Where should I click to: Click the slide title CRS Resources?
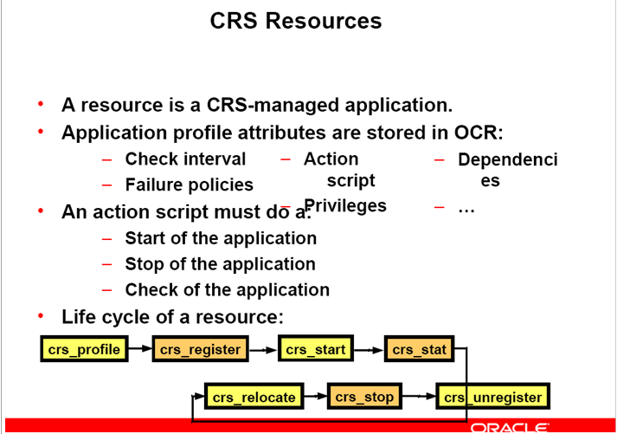295,21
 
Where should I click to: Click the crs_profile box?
83,350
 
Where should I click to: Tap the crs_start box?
316,350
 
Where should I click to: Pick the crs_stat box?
420,350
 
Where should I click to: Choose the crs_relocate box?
253,398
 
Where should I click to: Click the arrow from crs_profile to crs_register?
138,350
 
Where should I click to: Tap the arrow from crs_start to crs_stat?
369,350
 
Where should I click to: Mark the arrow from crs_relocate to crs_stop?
315,398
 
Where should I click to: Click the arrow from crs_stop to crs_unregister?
419,398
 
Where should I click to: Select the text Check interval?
185,159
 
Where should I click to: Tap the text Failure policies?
189,185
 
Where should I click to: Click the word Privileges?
345,205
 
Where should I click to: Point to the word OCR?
478,133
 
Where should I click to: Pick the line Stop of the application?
220,263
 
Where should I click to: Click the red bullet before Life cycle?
40,315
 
